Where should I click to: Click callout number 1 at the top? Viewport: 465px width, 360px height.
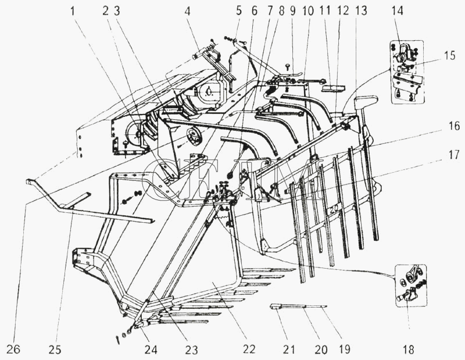(x=73, y=12)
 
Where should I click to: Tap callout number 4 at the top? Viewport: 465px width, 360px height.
(x=187, y=12)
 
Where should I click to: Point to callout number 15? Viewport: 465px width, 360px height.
(x=449, y=55)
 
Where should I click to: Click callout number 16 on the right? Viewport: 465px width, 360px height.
(x=453, y=126)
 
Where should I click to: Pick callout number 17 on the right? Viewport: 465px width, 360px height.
(x=453, y=155)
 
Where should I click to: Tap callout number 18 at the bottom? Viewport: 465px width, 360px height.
(x=409, y=350)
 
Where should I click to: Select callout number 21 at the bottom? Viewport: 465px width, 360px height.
(x=289, y=350)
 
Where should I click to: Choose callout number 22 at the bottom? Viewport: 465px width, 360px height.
(x=249, y=350)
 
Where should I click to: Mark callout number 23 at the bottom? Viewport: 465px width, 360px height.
(x=191, y=350)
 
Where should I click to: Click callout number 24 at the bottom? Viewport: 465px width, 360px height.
(x=151, y=350)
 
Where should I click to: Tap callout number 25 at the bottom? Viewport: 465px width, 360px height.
(x=55, y=350)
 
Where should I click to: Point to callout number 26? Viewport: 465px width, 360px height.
(x=13, y=350)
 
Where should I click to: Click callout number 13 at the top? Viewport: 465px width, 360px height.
(x=361, y=11)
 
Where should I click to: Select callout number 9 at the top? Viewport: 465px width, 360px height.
(x=293, y=11)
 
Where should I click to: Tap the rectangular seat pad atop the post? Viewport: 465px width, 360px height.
(x=366, y=102)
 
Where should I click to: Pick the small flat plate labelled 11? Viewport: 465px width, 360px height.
(x=333, y=88)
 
